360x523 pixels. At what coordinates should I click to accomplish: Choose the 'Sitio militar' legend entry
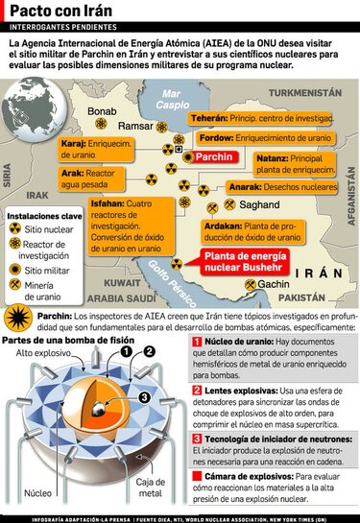48,271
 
